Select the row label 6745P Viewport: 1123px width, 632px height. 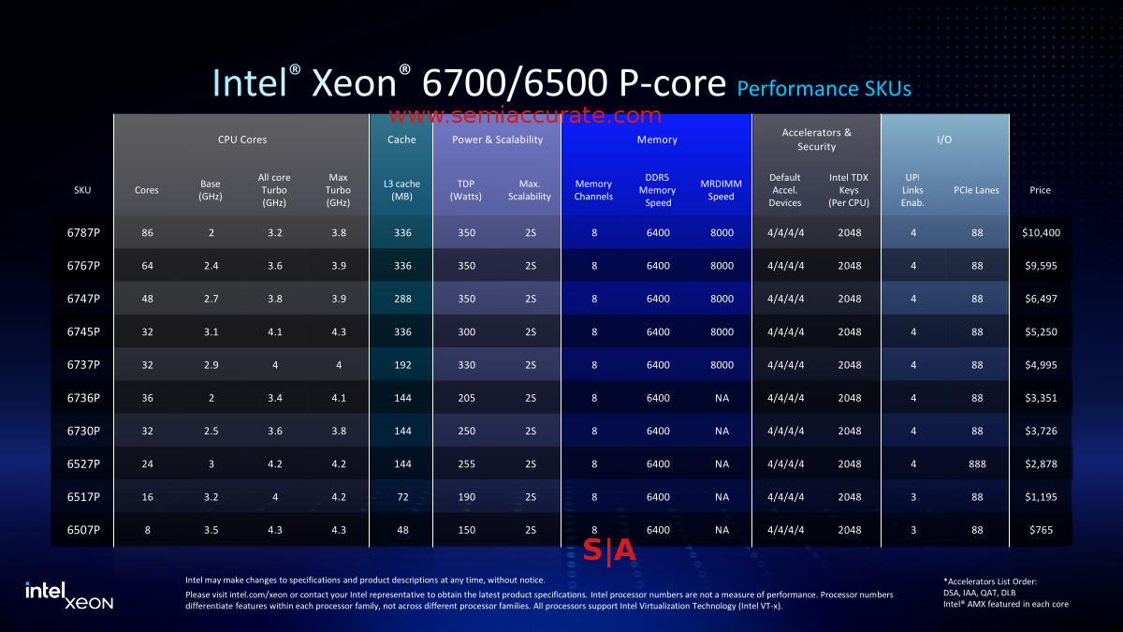click(82, 331)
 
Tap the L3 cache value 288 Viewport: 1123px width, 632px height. click(401, 299)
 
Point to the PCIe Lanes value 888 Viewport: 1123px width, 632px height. click(976, 463)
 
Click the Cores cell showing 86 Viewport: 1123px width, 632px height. click(147, 233)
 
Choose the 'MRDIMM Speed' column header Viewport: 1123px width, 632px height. click(721, 190)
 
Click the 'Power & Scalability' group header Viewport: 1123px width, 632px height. click(497, 140)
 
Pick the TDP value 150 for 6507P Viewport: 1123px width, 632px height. click(465, 530)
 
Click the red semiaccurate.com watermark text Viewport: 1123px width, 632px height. click(524, 116)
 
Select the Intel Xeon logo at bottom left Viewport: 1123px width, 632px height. click(68, 595)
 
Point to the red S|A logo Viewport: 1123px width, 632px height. click(609, 551)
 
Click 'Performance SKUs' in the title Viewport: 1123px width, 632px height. click(824, 89)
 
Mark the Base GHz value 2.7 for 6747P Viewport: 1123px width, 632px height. click(211, 299)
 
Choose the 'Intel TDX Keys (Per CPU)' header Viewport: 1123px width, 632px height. click(849, 190)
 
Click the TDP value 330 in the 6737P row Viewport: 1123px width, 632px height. click(465, 365)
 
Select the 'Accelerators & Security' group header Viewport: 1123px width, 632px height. click(816, 140)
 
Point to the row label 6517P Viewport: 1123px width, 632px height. click(82, 497)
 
